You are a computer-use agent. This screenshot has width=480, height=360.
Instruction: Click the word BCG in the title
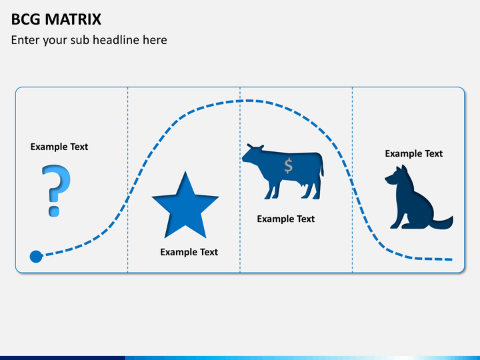(x=26, y=19)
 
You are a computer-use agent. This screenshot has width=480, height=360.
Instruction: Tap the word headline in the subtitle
(x=116, y=40)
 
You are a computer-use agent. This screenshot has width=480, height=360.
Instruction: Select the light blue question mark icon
(x=56, y=191)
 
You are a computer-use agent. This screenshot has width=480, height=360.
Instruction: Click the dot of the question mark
(x=54, y=211)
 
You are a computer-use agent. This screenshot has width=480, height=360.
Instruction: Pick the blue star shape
(x=185, y=205)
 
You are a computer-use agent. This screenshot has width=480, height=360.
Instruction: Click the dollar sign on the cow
(x=289, y=166)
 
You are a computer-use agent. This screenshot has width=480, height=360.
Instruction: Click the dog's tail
(x=443, y=223)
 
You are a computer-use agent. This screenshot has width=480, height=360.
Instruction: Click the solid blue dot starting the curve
(x=36, y=256)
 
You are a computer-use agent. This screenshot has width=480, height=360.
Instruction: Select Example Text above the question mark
(x=59, y=147)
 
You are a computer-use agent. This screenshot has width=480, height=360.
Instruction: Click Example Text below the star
(x=189, y=252)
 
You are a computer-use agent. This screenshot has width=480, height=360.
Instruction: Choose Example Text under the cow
(x=285, y=219)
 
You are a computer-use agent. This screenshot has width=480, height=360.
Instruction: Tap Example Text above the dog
(x=413, y=153)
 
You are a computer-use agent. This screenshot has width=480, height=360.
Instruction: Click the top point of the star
(x=185, y=171)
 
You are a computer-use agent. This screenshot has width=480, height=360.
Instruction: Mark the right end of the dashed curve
(x=452, y=259)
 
